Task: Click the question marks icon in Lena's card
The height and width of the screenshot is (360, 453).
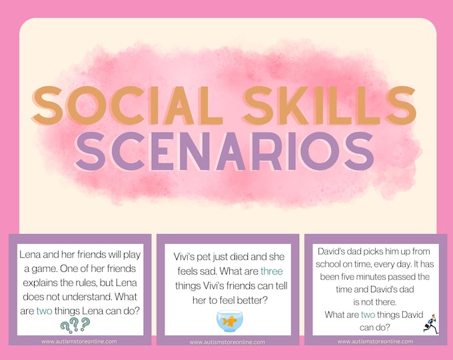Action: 75,325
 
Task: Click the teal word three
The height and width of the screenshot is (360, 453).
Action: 271,271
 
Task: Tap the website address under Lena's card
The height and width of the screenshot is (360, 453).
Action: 79,341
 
